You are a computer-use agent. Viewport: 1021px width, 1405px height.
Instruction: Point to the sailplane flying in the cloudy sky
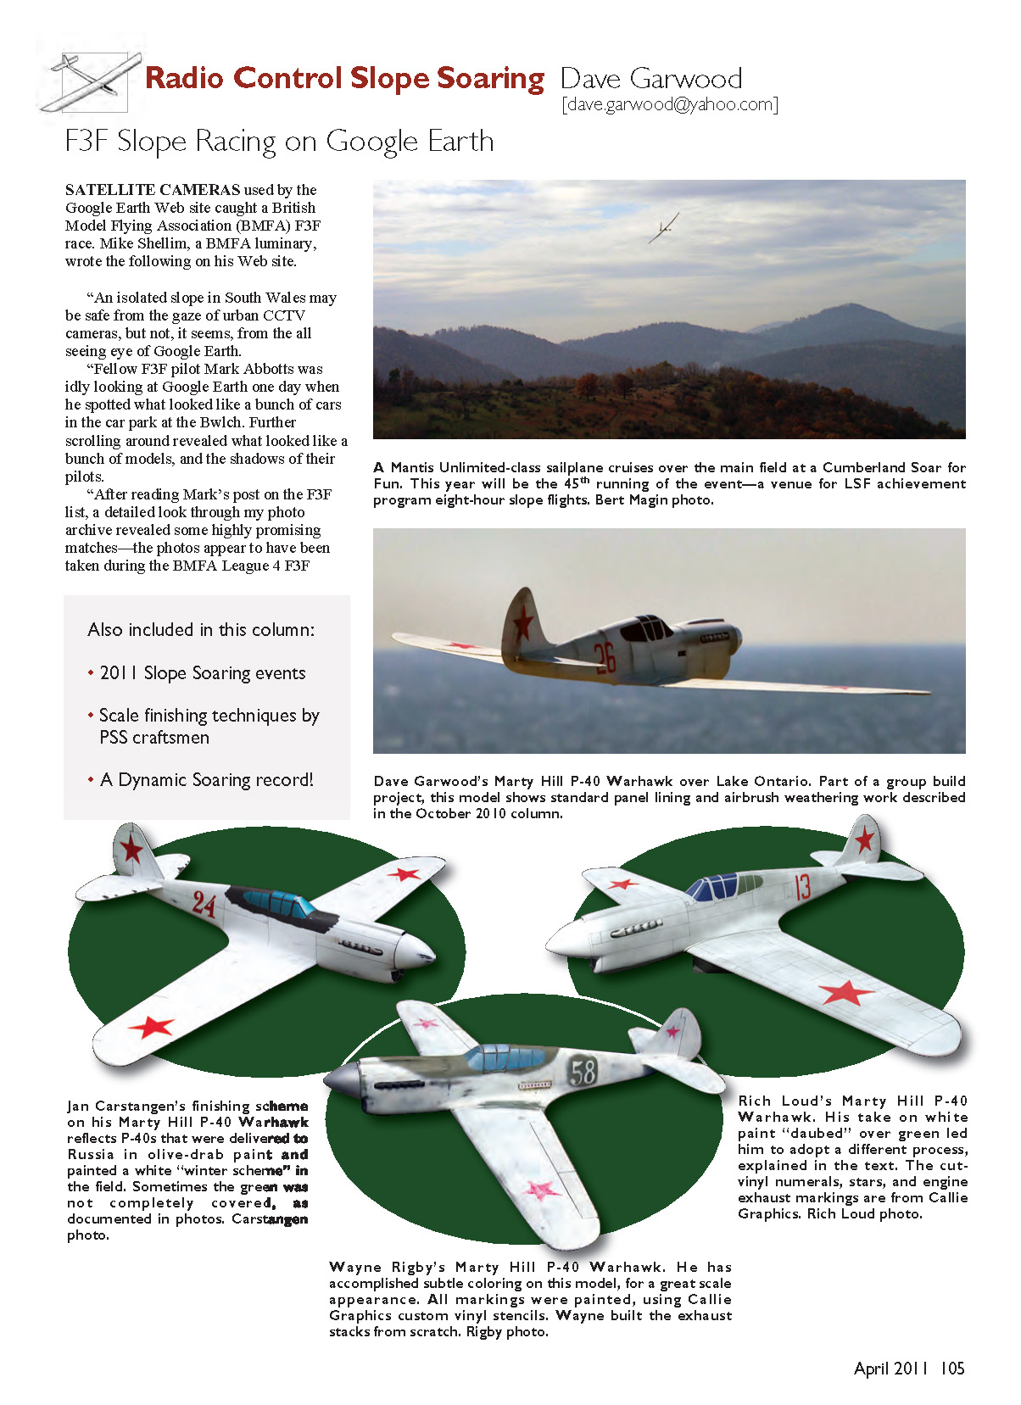(663, 227)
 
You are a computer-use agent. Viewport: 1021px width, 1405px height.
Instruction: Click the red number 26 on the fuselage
(604, 659)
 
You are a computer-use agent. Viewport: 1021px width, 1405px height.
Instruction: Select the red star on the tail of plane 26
(523, 624)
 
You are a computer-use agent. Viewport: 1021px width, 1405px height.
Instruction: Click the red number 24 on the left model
(204, 903)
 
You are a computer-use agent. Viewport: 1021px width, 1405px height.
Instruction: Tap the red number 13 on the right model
(802, 887)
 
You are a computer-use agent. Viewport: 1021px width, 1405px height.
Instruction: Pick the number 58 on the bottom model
(583, 1072)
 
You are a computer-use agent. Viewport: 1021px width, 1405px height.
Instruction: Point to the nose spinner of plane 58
(341, 1079)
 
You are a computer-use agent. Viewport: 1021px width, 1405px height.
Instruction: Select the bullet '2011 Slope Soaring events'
(202, 673)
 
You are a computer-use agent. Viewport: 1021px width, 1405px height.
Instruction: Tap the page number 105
(952, 1368)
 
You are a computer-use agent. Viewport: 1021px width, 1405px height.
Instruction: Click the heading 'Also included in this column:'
(201, 630)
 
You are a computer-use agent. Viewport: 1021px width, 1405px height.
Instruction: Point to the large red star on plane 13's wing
(845, 992)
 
